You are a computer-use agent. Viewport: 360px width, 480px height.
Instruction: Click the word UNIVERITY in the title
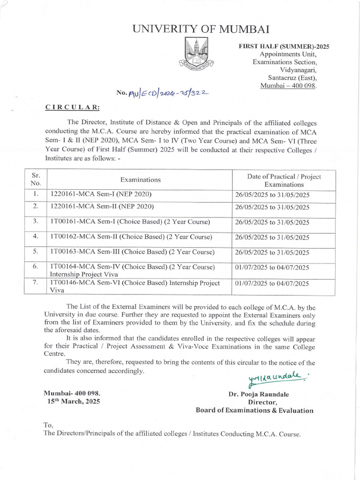click(x=162, y=30)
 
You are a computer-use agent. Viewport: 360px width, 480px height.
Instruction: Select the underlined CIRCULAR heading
click(x=72, y=107)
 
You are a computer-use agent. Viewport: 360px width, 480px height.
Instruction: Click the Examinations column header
click(x=140, y=180)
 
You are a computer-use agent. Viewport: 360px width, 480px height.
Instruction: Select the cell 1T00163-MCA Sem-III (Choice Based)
click(x=132, y=252)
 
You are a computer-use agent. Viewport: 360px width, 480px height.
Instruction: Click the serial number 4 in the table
click(x=36, y=236)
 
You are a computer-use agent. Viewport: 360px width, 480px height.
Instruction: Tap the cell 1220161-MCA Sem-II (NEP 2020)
click(x=102, y=206)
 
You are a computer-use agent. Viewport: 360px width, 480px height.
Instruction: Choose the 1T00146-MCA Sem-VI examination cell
click(x=135, y=286)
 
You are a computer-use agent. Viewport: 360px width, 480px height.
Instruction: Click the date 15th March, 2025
click(x=73, y=402)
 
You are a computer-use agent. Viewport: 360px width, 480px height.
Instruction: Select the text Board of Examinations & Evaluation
click(x=254, y=410)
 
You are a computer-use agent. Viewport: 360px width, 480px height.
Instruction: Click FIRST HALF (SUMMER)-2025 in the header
click(x=284, y=46)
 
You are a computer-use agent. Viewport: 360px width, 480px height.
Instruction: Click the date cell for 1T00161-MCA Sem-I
click(x=271, y=222)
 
